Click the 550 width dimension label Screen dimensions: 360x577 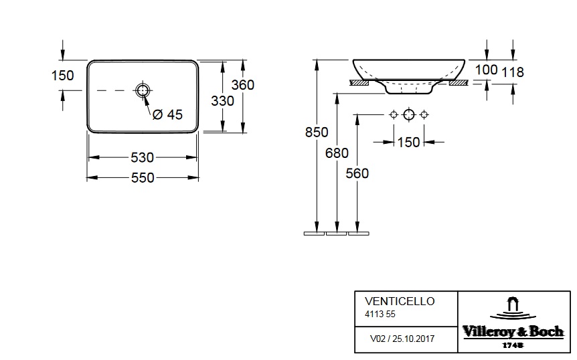pos(143,178)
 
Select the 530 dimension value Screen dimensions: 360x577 pos(143,158)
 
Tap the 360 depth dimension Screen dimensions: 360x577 pos(243,85)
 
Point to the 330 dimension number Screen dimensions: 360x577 pos(222,101)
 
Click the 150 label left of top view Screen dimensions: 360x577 pos(62,76)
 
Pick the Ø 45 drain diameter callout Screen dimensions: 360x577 pos(167,114)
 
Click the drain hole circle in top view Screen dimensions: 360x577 pos(143,90)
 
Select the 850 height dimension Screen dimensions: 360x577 pos(317,132)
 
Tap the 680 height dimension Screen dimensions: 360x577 pos(337,153)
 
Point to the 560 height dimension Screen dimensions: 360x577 pos(357,173)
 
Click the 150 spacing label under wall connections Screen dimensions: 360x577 pos(408,142)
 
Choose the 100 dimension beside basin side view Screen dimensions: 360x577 pos(487,70)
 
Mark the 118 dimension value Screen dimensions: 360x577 pos(513,72)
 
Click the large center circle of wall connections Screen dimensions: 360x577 pos(408,115)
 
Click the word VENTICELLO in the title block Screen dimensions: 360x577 pos(400,301)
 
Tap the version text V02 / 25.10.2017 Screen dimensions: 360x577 pos(402,339)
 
